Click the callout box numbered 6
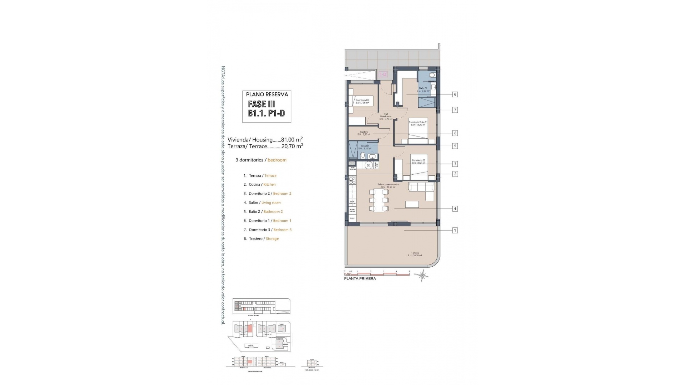[x=455, y=94]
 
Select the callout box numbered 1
[x=455, y=230]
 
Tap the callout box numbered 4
[x=455, y=209]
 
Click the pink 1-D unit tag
[x=383, y=75]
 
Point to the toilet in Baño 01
[x=432, y=75]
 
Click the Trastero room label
[x=364, y=133]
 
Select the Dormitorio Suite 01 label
[x=418, y=123]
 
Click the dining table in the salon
[x=379, y=200]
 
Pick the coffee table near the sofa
[x=412, y=204]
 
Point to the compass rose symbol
[x=423, y=275]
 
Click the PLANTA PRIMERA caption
[x=360, y=278]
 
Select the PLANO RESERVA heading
[x=267, y=94]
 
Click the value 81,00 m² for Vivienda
[x=292, y=140]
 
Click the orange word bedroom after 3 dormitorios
[x=277, y=160]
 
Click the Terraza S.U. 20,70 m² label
[x=415, y=254]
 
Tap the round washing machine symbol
[x=369, y=165]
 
